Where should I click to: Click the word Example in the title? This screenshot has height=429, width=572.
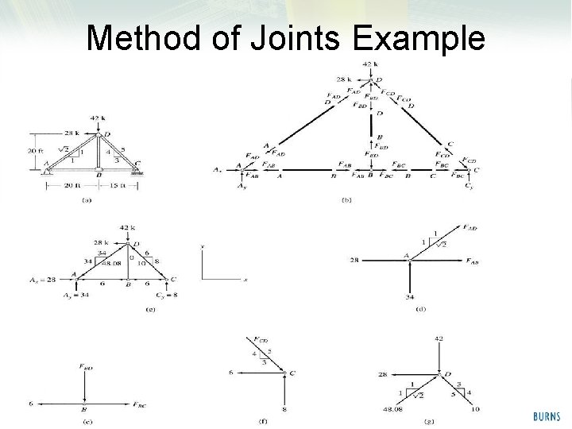[x=420, y=37]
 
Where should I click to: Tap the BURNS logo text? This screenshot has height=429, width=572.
[x=547, y=415]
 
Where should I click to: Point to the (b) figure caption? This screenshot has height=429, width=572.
[x=346, y=200]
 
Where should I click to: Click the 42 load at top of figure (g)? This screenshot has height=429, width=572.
[x=439, y=338]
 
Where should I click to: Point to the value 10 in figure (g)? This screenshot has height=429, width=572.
[x=474, y=411]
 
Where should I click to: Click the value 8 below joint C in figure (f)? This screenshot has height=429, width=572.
[x=284, y=410]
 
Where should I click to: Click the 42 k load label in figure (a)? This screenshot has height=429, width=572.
[x=99, y=118]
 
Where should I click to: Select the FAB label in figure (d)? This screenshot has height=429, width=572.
[x=472, y=261]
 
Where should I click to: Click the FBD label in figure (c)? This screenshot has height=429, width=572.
[x=86, y=367]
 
